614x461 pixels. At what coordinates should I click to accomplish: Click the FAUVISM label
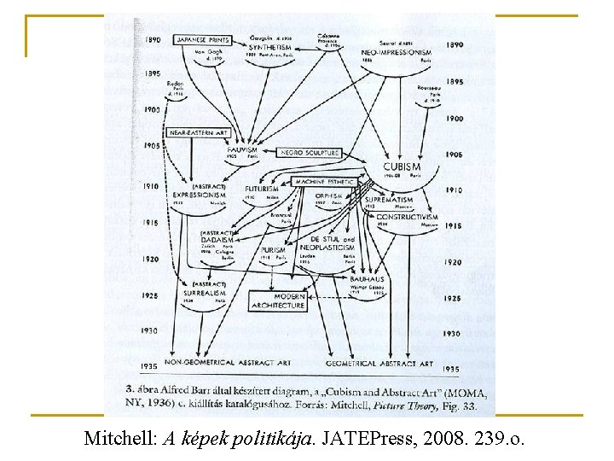(x=243, y=150)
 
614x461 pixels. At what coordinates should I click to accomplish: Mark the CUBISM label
(x=402, y=167)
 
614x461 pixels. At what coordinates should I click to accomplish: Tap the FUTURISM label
(x=262, y=189)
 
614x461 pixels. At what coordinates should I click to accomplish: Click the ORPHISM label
(x=328, y=195)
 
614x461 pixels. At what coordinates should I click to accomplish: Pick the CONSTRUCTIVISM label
(x=407, y=217)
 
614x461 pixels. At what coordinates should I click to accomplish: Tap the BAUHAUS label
(x=368, y=279)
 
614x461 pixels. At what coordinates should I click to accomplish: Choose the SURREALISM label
(x=205, y=293)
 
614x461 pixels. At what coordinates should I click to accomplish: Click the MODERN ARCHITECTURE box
(x=278, y=300)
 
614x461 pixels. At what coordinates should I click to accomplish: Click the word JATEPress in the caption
(x=378, y=440)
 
